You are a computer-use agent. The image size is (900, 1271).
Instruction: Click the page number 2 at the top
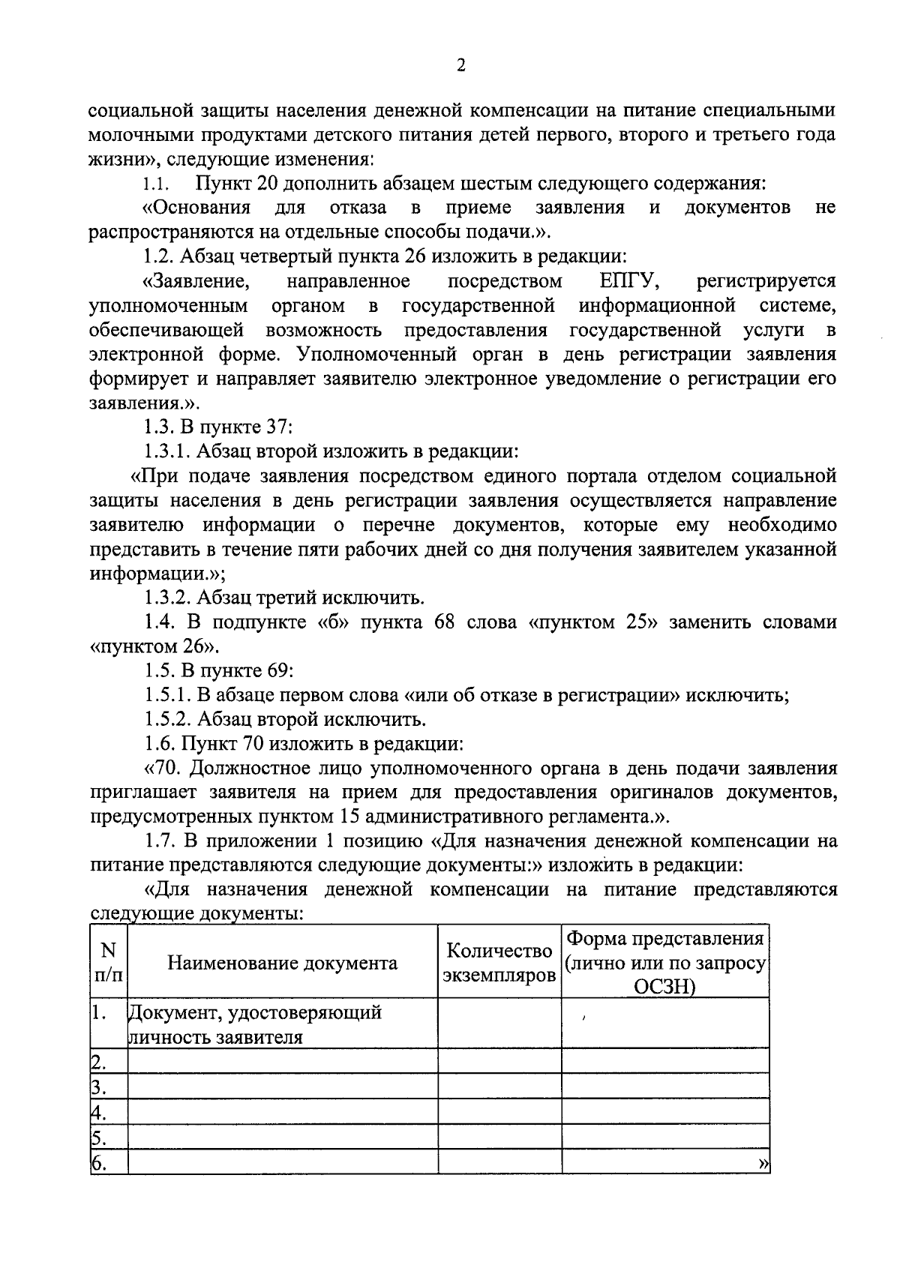(461, 66)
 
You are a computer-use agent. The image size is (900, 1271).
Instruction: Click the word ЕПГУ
(628, 281)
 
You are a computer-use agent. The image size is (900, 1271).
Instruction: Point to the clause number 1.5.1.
(169, 695)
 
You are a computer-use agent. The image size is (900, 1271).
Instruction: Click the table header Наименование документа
(282, 963)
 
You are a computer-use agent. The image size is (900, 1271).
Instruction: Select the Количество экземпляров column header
(499, 963)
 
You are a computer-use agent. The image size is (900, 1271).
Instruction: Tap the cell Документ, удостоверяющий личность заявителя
(255, 1025)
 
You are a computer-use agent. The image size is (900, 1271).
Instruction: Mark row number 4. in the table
(98, 1111)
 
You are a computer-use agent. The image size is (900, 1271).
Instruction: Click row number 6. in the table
(98, 1162)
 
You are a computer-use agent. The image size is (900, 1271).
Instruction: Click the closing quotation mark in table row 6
(763, 1163)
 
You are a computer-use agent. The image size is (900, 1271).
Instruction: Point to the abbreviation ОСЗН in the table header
(665, 987)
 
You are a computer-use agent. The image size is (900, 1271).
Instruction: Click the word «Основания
(196, 208)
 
